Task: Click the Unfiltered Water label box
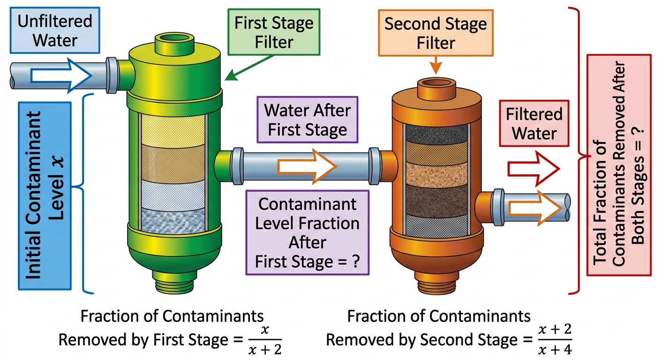[x=55, y=30]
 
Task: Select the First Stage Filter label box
[x=274, y=32]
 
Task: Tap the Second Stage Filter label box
[x=435, y=33]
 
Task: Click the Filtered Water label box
[x=534, y=123]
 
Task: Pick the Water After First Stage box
[x=307, y=120]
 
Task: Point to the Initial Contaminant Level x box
[x=45, y=196]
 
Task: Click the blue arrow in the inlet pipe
[x=61, y=76]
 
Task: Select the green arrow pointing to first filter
[x=249, y=67]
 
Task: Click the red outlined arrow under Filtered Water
[x=533, y=169]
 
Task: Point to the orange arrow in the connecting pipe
[x=307, y=167]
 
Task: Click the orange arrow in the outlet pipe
[x=535, y=208]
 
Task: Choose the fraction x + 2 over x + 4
[x=555, y=340]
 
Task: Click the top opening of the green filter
[x=174, y=39]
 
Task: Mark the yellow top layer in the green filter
[x=173, y=130]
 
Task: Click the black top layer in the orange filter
[x=436, y=133]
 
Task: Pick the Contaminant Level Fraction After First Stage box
[x=307, y=232]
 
